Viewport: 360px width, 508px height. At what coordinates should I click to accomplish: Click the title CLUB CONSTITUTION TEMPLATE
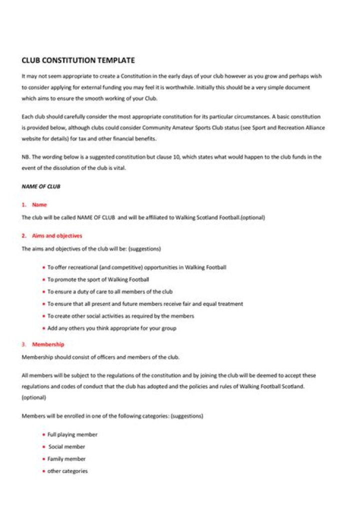point(78,60)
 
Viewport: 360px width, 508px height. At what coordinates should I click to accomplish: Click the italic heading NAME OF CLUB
point(41,186)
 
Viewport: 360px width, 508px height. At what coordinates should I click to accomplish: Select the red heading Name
point(39,205)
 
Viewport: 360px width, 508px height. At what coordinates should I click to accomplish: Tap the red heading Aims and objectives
point(57,236)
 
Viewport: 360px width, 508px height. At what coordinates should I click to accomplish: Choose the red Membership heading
point(48,344)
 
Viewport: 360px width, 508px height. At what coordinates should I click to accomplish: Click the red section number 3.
point(23,344)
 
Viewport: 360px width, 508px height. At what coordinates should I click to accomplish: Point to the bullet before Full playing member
point(44,435)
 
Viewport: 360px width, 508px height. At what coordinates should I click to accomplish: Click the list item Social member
point(67,447)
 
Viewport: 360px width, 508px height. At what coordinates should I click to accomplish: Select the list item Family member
point(66,459)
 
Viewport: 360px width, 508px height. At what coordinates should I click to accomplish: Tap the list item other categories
point(67,471)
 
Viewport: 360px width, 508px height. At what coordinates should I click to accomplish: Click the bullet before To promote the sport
point(44,280)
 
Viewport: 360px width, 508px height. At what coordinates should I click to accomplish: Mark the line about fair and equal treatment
point(145,304)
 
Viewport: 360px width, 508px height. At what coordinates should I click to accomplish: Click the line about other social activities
point(120,316)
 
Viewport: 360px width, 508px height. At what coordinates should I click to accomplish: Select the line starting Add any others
point(111,328)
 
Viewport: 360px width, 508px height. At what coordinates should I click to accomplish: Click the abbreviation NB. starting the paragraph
point(25,157)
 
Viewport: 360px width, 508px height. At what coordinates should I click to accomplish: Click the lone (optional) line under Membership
point(34,397)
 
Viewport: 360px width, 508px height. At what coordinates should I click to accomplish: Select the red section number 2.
point(23,236)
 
